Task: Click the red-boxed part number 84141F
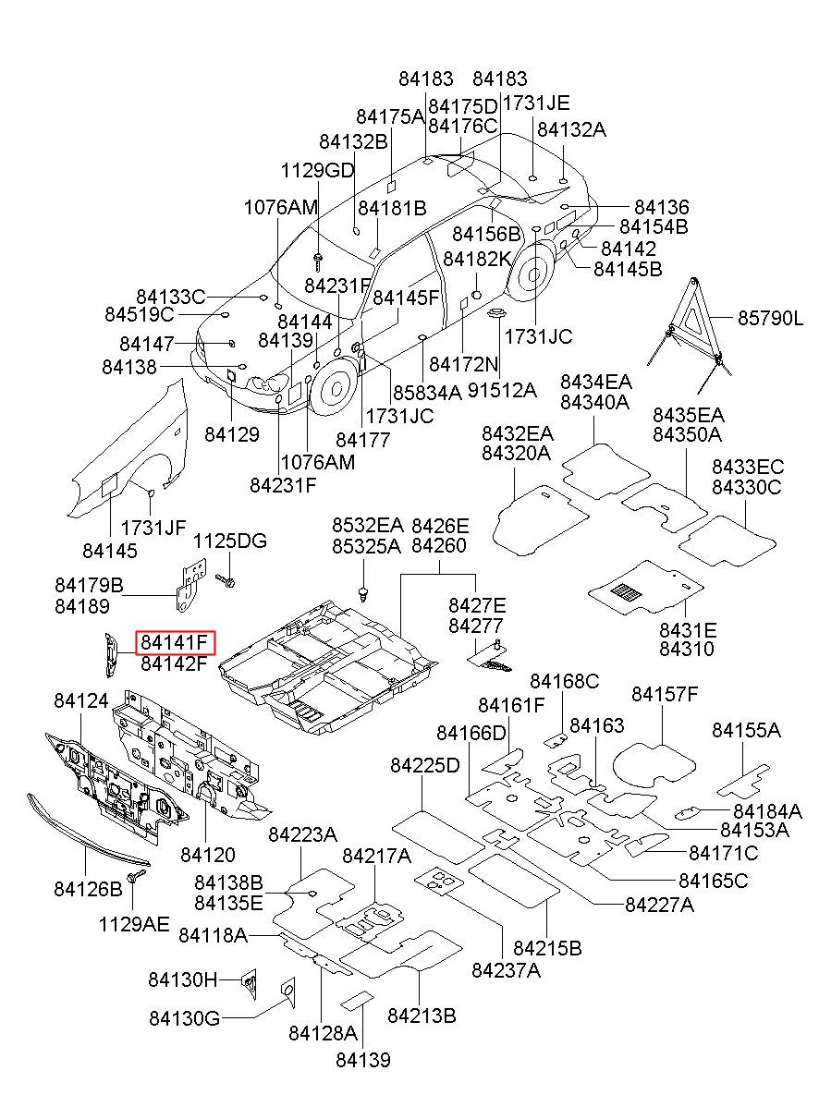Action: pos(174,642)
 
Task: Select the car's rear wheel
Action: pos(532,274)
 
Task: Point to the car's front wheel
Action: pos(335,386)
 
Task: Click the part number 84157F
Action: pos(664,694)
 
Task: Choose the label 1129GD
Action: pos(317,170)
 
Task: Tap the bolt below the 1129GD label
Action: pos(318,262)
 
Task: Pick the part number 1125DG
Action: pos(230,541)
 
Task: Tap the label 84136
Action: pos(661,206)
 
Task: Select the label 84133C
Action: pos(171,297)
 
